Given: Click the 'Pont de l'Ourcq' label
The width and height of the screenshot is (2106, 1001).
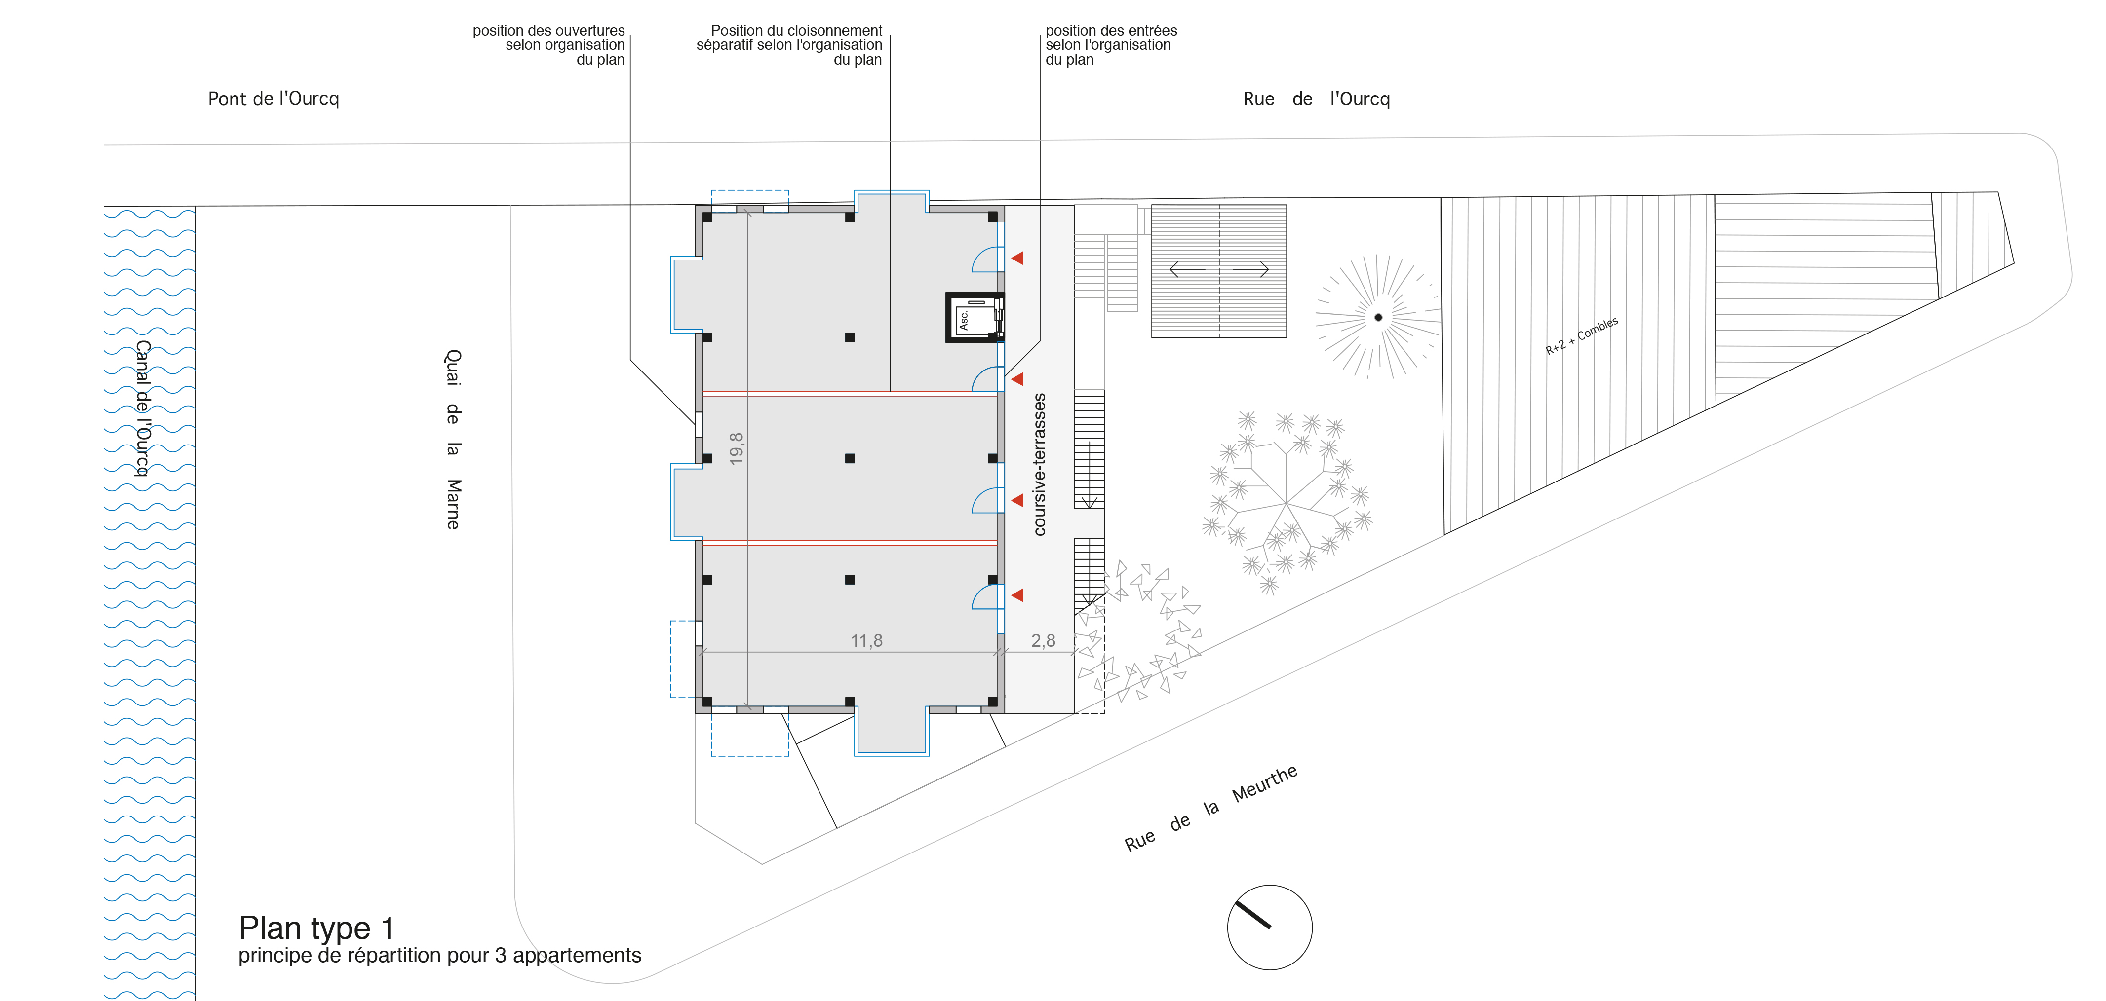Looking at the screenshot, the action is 273,99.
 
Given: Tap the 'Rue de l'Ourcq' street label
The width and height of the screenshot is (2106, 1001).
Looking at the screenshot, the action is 1316,99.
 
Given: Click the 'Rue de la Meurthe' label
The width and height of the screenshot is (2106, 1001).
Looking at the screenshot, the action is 1211,808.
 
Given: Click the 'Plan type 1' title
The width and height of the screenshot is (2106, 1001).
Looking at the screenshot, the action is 316,928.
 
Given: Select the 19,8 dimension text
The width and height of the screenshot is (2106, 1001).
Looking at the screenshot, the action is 737,448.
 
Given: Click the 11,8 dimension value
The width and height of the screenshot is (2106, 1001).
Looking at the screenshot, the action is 866,641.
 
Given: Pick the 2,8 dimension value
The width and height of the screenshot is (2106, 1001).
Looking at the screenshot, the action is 1043,641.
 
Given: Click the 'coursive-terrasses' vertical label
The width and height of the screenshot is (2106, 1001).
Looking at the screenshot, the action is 1039,464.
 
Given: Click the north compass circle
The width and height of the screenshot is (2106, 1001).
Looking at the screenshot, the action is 1270,927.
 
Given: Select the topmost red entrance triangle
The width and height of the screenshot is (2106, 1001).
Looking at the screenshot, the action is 1018,258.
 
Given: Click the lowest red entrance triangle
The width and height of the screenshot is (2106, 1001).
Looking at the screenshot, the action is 1018,595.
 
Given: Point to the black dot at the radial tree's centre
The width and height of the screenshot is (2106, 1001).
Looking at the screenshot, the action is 1378,317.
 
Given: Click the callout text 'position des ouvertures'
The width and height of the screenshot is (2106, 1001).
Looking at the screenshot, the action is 548,30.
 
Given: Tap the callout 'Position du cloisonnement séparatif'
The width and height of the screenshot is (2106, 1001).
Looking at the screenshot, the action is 789,37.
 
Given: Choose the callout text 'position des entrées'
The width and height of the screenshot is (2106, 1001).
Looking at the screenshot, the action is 1111,30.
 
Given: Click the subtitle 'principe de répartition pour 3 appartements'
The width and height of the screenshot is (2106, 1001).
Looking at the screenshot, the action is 440,955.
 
